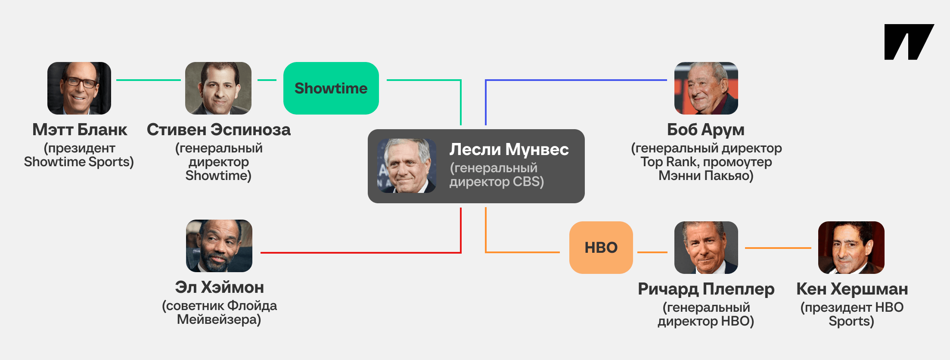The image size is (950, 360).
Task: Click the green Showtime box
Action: (x=331, y=88)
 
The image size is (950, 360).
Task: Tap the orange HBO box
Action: (x=601, y=248)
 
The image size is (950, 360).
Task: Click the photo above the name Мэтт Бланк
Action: (x=79, y=88)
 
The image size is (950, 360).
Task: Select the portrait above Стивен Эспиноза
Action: (x=218, y=88)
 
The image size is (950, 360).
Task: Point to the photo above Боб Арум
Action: (x=706, y=88)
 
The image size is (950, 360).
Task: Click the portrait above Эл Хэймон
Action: (x=219, y=246)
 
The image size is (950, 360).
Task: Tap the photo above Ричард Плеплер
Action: (x=706, y=248)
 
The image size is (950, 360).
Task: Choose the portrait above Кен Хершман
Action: (x=851, y=248)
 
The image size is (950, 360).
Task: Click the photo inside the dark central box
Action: (x=407, y=166)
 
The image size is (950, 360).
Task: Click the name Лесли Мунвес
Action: (x=509, y=149)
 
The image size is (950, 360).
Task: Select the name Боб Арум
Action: (x=706, y=130)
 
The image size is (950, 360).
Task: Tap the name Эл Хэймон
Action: (x=219, y=287)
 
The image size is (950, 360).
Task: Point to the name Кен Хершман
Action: (x=852, y=289)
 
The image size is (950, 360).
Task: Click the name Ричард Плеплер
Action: (x=706, y=289)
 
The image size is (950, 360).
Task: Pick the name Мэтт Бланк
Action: (x=80, y=130)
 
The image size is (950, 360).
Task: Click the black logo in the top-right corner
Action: (x=909, y=42)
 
